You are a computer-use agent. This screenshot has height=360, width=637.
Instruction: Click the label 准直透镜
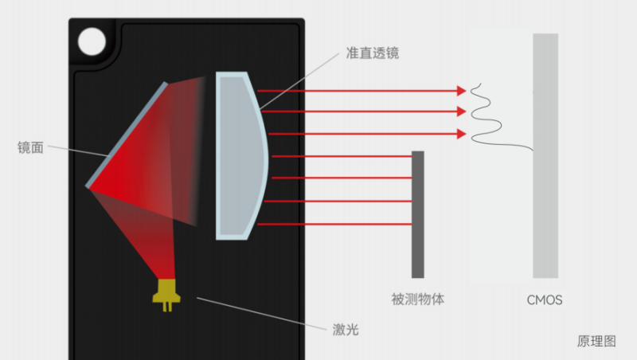tap(372, 53)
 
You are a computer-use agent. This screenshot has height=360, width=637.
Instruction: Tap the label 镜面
tap(30, 147)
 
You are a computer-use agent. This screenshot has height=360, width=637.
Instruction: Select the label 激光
tap(346, 329)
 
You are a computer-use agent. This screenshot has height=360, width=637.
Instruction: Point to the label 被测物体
tap(417, 299)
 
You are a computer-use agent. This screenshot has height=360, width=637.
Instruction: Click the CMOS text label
tap(545, 299)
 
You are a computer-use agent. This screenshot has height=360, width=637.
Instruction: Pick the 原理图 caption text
tap(596, 341)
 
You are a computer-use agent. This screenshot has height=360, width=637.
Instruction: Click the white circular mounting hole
tap(92, 41)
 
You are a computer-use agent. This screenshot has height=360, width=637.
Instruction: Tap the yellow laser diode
tap(166, 291)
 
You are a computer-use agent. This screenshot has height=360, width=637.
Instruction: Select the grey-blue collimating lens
tap(242, 155)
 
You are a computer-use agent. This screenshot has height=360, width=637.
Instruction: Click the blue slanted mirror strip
tap(127, 135)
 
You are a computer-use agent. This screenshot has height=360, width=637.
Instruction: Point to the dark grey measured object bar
tap(417, 214)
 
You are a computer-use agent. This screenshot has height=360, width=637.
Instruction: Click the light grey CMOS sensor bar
tap(545, 155)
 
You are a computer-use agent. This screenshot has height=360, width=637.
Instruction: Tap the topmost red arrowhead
tap(461, 91)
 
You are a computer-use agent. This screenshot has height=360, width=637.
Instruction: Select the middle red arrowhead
tap(461, 112)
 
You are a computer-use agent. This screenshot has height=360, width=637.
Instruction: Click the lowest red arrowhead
tap(461, 134)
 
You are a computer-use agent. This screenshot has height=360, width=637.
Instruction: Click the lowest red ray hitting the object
tap(334, 224)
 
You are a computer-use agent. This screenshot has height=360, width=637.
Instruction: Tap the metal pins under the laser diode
tap(167, 307)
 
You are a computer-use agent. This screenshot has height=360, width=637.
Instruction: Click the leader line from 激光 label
tap(262, 313)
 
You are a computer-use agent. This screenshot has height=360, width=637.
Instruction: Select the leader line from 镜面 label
tap(78, 151)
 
